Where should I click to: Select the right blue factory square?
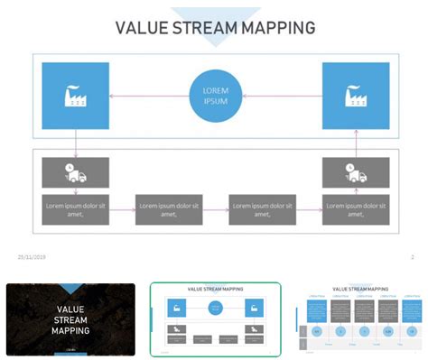click(x=356, y=96)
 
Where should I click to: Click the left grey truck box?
click(x=76, y=172)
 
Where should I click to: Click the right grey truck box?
click(x=356, y=172)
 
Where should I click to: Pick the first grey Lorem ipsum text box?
click(x=76, y=209)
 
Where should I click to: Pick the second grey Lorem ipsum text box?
click(x=169, y=209)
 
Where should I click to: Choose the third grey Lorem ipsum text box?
click(x=263, y=209)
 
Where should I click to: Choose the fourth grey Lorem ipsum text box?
click(x=356, y=209)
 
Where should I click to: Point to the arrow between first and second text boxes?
click(x=123, y=209)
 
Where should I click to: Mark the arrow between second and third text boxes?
click(x=216, y=209)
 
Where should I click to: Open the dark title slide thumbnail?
click(x=70, y=319)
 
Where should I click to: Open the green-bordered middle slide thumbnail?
click(x=215, y=319)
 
